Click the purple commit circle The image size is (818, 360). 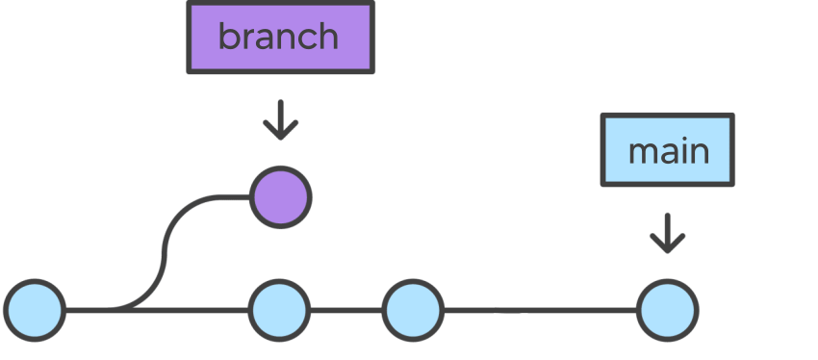pyautogui.click(x=280, y=197)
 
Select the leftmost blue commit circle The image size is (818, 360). pyautogui.click(x=35, y=311)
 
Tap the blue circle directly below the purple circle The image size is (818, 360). pyautogui.click(x=279, y=311)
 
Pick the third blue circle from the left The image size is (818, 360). pyautogui.click(x=413, y=311)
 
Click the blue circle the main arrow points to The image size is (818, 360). pyautogui.click(x=667, y=311)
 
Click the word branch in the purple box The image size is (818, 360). pyautogui.click(x=278, y=38)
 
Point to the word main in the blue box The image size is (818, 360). pyautogui.click(x=668, y=151)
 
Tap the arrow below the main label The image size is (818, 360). pyautogui.click(x=667, y=233)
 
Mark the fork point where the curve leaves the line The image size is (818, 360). pyautogui.click(x=120, y=310)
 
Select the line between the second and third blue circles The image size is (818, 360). pyautogui.click(x=346, y=311)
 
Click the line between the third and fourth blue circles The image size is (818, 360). pyautogui.click(x=539, y=311)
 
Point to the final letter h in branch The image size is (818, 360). pyautogui.click(x=327, y=37)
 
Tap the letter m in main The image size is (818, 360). pyautogui.click(x=642, y=153)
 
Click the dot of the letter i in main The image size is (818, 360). pyautogui.click(x=684, y=140)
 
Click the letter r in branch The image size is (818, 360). pyautogui.click(x=247, y=39)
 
